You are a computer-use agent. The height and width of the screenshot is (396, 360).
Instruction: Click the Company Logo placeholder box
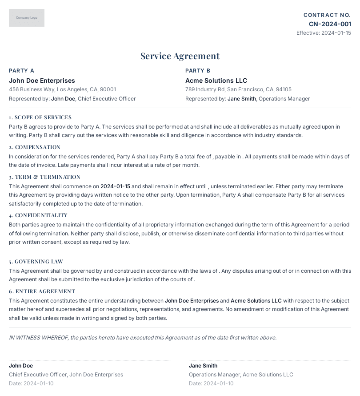[27, 18]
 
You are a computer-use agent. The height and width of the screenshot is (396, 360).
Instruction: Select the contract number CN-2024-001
[330, 24]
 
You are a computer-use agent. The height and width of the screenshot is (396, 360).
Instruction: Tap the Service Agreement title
[180, 56]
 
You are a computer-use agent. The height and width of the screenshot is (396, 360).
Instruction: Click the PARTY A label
[21, 71]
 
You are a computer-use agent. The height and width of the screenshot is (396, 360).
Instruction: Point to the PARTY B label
[198, 71]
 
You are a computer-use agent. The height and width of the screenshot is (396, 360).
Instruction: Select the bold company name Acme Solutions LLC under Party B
[216, 81]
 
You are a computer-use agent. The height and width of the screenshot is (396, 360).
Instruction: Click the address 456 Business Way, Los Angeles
[62, 89]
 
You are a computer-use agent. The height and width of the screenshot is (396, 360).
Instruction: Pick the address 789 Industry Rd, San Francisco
[238, 89]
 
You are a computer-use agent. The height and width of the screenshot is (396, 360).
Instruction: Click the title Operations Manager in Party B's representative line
[284, 99]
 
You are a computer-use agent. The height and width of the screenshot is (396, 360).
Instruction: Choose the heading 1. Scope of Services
[40, 117]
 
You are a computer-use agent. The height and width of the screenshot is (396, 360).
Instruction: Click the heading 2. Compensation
[35, 147]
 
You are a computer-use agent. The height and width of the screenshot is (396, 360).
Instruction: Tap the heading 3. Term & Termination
[44, 177]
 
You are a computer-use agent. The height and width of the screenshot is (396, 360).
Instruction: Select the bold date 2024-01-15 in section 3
[115, 186]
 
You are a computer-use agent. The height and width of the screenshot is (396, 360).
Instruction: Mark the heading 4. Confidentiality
[38, 215]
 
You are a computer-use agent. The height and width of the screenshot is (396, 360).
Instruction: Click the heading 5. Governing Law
[36, 262]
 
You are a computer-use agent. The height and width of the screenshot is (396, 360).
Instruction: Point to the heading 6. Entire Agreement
[42, 291]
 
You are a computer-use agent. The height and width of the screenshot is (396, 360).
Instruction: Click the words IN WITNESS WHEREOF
[38, 338]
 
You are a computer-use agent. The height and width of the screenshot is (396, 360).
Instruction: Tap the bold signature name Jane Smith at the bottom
[203, 366]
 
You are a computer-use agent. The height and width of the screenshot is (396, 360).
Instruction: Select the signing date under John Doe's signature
[31, 384]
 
